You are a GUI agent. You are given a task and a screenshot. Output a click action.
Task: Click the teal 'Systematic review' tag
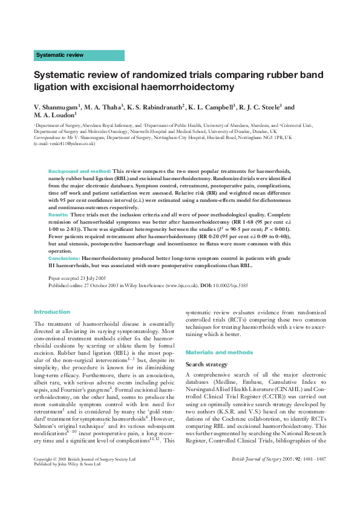click(79, 55)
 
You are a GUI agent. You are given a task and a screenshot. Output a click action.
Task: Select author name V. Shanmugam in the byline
click(57, 107)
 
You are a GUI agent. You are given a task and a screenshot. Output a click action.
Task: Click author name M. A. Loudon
click(54, 114)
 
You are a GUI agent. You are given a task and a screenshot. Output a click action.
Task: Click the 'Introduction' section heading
click(52, 312)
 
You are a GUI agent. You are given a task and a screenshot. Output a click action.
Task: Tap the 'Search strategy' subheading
click(206, 365)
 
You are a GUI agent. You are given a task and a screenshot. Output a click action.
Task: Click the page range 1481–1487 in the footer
click(315, 476)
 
